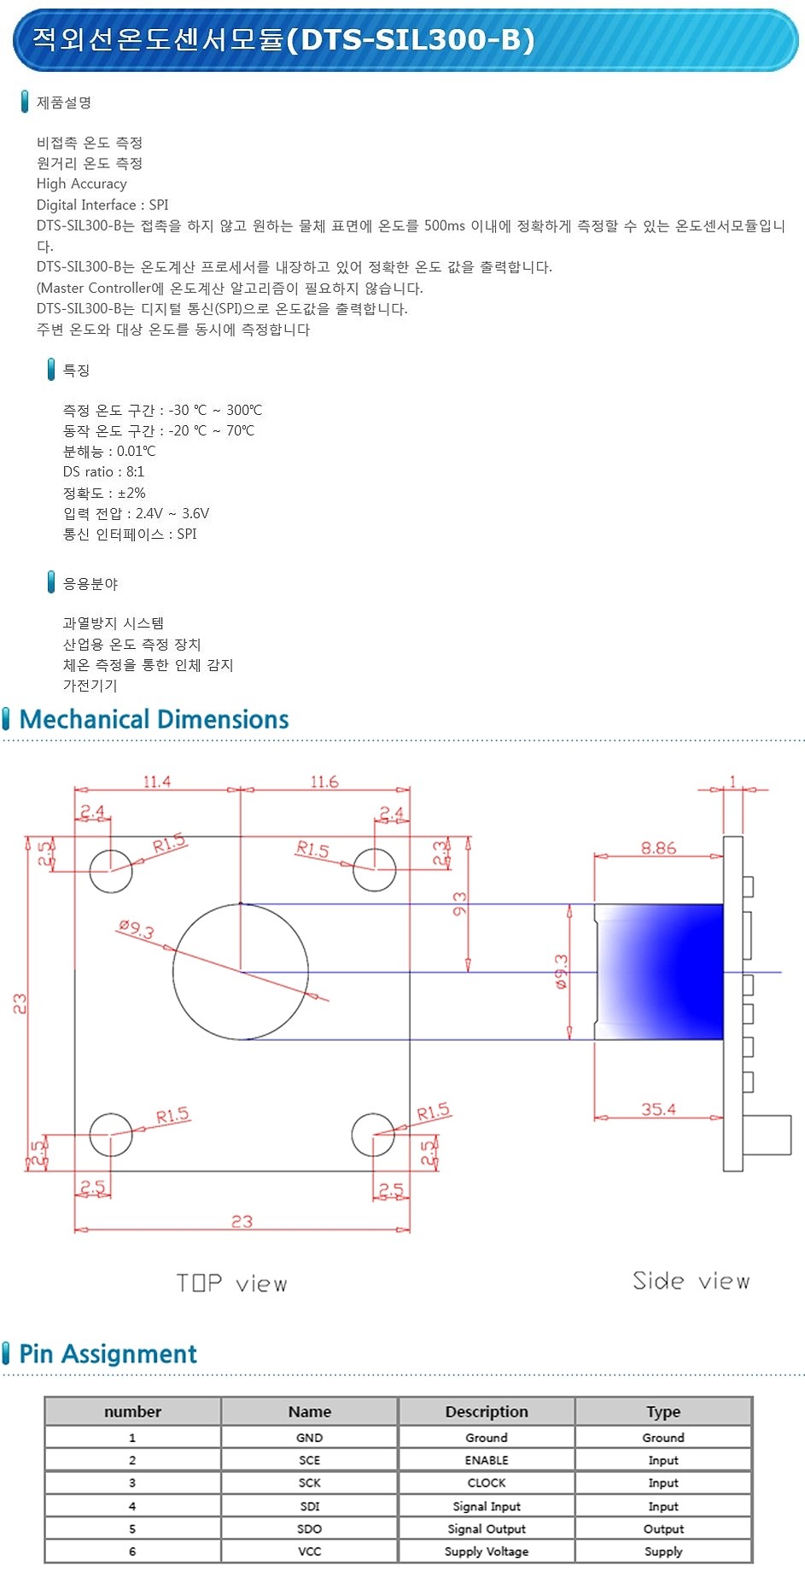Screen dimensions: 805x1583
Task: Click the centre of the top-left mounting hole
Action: click(x=111, y=870)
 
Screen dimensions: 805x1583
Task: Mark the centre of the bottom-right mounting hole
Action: click(x=373, y=1134)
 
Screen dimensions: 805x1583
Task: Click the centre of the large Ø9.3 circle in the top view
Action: click(x=241, y=972)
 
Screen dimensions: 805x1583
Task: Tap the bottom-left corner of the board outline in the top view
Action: click(x=75, y=1171)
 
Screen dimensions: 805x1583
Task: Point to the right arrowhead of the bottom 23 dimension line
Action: click(x=405, y=1230)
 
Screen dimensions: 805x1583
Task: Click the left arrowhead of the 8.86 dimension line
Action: click(x=600, y=855)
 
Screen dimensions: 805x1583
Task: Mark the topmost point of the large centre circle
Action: click(x=241, y=903)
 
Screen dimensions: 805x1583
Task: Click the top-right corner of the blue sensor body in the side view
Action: click(x=723, y=904)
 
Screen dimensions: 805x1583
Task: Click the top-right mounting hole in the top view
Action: click(x=374, y=870)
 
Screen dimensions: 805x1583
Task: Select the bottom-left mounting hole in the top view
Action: click(x=111, y=1134)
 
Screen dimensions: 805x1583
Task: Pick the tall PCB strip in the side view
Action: click(x=733, y=1003)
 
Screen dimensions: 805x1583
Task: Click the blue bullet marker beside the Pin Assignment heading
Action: click(x=7, y=1352)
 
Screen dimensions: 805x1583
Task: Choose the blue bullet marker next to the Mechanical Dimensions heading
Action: click(x=7, y=719)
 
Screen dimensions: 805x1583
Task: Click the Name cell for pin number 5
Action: click(x=309, y=1528)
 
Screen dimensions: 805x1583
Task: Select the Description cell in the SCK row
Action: click(x=487, y=1483)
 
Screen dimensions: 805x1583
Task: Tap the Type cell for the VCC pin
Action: click(x=663, y=1551)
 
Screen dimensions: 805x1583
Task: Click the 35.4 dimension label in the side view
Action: click(x=658, y=1109)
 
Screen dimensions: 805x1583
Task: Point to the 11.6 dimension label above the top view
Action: click(x=324, y=781)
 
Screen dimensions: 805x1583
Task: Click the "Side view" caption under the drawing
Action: click(x=691, y=1281)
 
